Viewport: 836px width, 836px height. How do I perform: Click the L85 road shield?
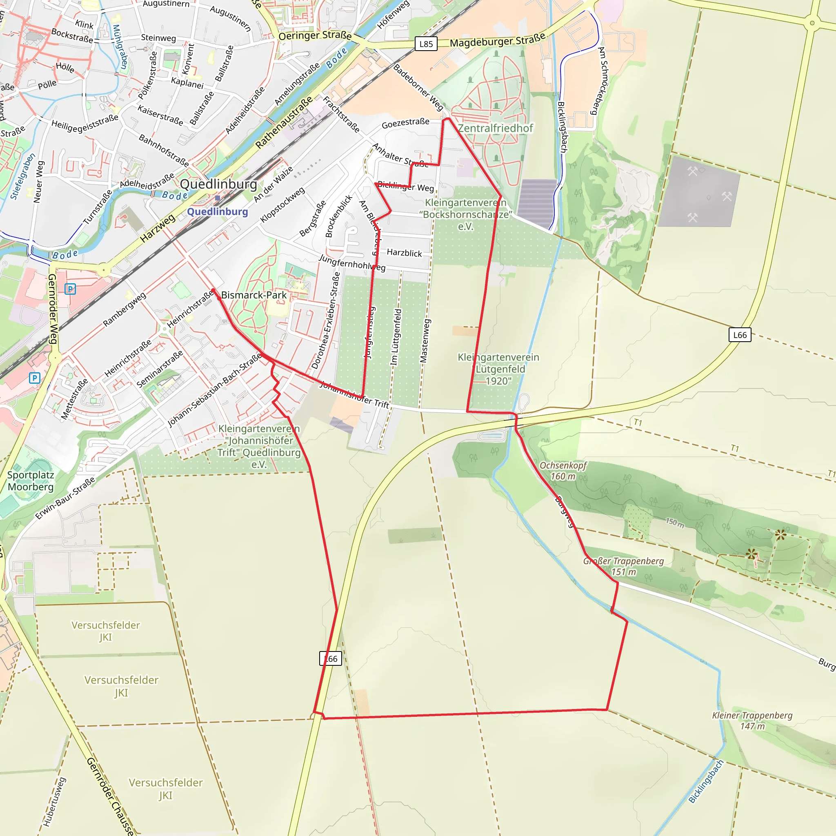pyautogui.click(x=426, y=44)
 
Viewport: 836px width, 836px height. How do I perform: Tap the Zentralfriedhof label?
pyautogui.click(x=495, y=128)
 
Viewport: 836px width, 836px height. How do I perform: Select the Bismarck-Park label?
pyautogui.click(x=253, y=295)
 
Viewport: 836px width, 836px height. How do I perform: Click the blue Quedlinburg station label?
pyautogui.click(x=217, y=211)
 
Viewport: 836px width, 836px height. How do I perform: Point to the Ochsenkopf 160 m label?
pyautogui.click(x=563, y=471)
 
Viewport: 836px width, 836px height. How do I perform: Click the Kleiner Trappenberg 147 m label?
pyautogui.click(x=752, y=720)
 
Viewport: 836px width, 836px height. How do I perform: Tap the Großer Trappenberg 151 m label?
pyautogui.click(x=623, y=567)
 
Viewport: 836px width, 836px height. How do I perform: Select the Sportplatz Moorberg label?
pyautogui.click(x=31, y=481)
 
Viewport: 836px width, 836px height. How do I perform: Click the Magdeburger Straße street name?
pyautogui.click(x=497, y=41)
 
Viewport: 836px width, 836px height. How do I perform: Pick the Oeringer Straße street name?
pyautogui.click(x=315, y=36)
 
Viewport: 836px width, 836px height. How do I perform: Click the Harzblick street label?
pyautogui.click(x=404, y=253)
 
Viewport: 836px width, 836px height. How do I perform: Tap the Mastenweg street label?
pyautogui.click(x=425, y=341)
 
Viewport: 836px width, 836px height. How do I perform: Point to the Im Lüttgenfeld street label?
pyautogui.click(x=396, y=337)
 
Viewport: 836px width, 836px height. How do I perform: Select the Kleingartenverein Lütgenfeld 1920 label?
pyautogui.click(x=498, y=369)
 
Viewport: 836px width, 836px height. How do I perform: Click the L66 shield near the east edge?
pyautogui.click(x=740, y=335)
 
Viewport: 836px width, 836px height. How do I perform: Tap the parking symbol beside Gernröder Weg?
pyautogui.click(x=70, y=289)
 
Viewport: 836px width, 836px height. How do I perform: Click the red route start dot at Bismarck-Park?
pyautogui.click(x=213, y=291)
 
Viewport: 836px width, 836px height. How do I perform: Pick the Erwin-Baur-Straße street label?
pyautogui.click(x=65, y=498)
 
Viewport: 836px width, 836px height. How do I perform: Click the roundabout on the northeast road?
pyautogui.click(x=812, y=23)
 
